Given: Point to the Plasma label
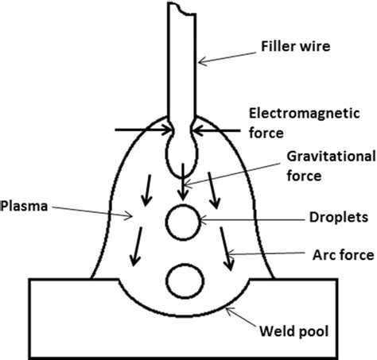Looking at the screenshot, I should (x=26, y=204).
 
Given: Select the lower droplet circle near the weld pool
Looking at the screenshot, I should (x=183, y=279).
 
